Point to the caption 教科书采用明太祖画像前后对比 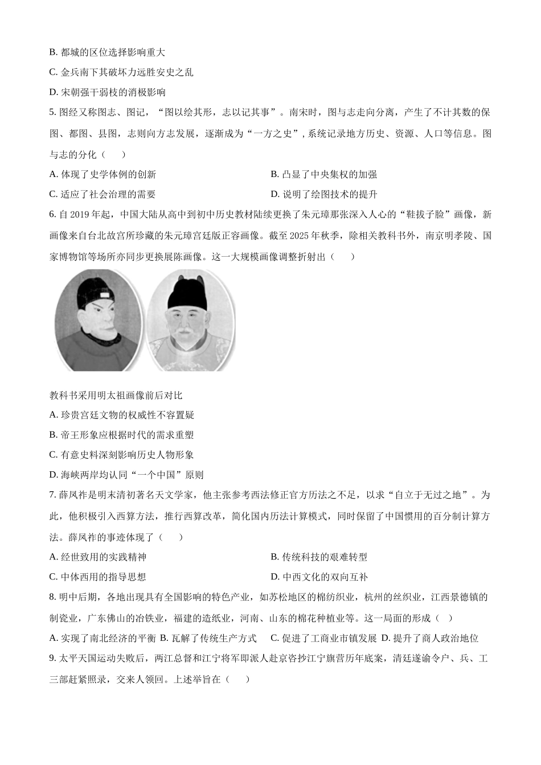(x=116, y=395)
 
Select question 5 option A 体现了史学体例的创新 (x=103, y=174)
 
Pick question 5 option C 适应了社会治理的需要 (x=103, y=194)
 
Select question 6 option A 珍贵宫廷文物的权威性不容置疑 (x=122, y=415)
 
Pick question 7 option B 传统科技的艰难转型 (x=319, y=557)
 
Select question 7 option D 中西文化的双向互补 (x=319, y=577)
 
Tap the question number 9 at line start (x=52, y=659)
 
